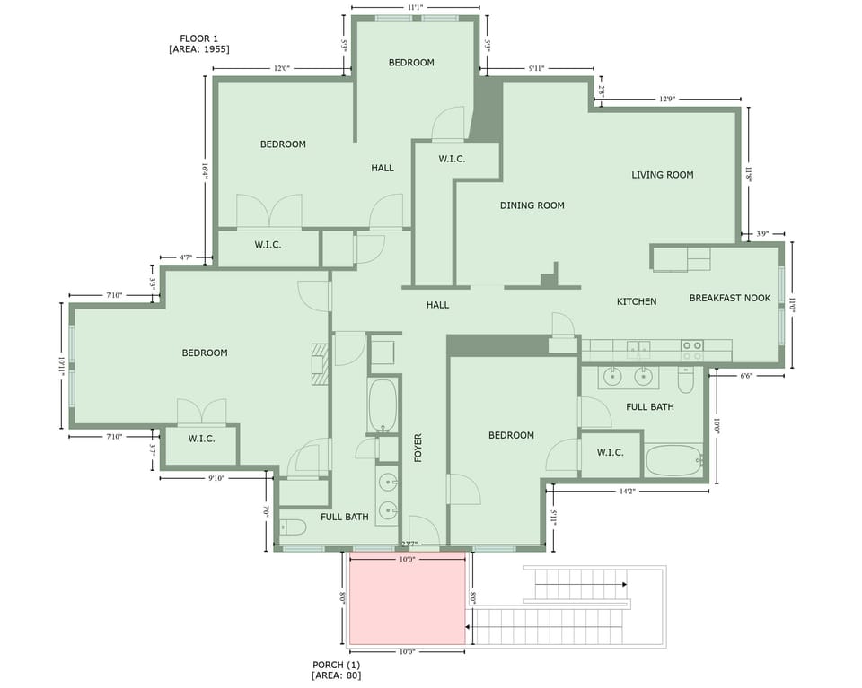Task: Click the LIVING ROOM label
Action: coord(662,175)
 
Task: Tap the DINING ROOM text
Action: coord(532,205)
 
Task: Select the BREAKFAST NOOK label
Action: coord(729,298)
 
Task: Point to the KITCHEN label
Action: coord(636,302)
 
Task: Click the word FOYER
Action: coord(418,448)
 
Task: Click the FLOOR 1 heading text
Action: coord(199,39)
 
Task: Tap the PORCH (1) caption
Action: coord(336,665)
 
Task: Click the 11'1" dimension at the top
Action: coord(415,7)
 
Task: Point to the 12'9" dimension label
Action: coord(666,99)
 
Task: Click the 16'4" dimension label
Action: coord(206,172)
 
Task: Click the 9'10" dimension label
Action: coord(215,478)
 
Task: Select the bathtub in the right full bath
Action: coord(673,461)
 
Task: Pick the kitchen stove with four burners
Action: coord(691,350)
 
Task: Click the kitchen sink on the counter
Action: coord(638,348)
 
